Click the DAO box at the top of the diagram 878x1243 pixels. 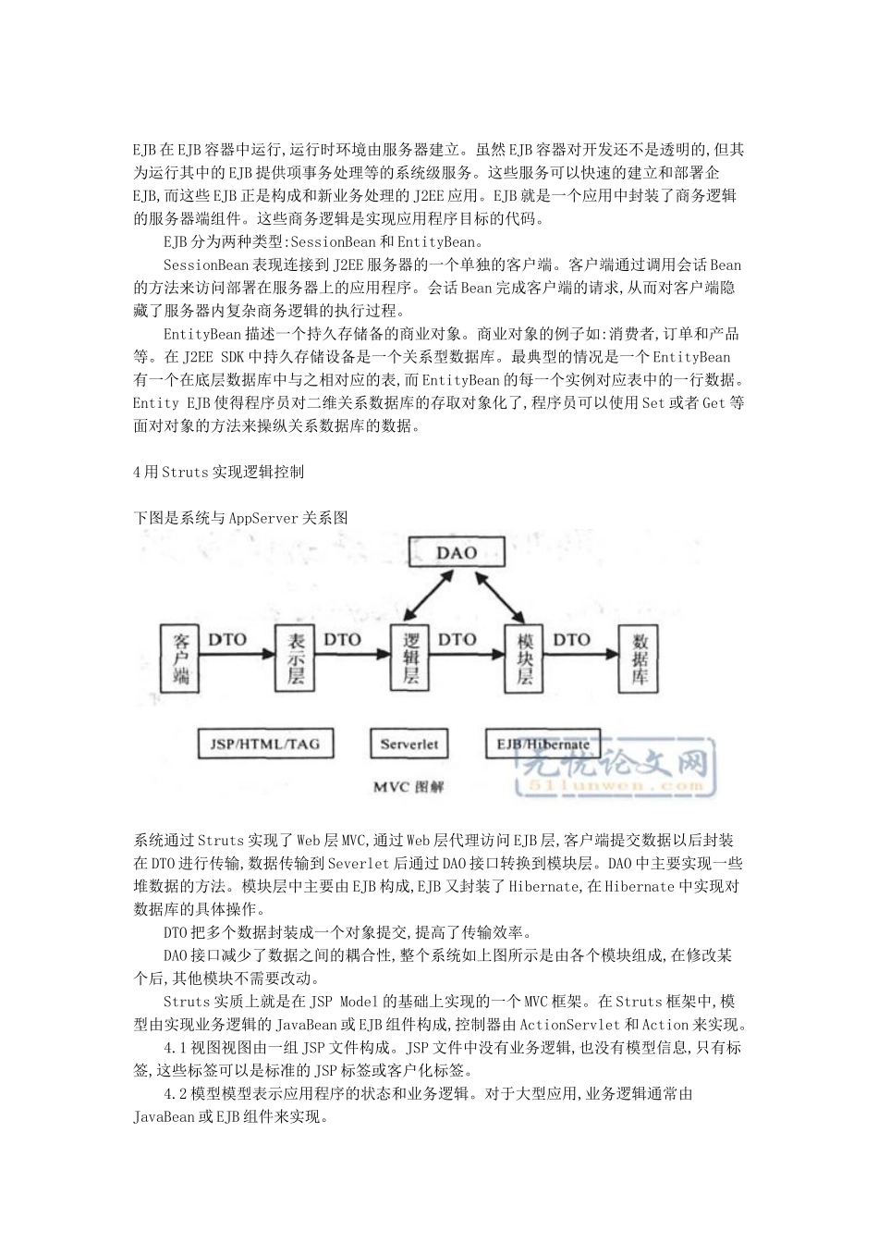tap(457, 552)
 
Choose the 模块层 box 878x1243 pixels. tap(525, 658)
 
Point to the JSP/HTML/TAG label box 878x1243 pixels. tap(252, 744)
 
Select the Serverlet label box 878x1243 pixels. tap(409, 744)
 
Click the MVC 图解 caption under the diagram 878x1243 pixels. tap(409, 787)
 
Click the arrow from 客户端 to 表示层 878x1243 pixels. tap(238, 658)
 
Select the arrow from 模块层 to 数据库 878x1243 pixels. tap(581, 658)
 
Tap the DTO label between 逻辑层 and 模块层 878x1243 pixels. tap(457, 639)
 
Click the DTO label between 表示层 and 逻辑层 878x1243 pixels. tap(342, 639)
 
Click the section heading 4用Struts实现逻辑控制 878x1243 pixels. tap(219, 472)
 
